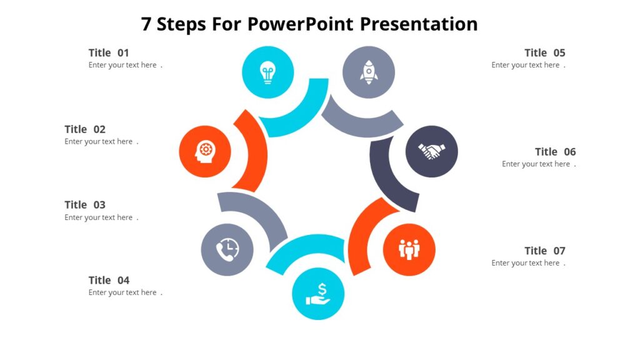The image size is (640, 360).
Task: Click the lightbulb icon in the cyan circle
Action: (x=267, y=72)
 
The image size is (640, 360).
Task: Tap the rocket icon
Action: (x=369, y=72)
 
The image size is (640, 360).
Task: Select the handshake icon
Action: (x=432, y=151)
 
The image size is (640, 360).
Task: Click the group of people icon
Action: (x=409, y=249)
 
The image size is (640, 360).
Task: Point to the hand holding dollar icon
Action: (x=318, y=294)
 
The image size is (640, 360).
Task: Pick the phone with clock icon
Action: (x=227, y=250)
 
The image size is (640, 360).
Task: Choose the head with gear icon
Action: (x=205, y=151)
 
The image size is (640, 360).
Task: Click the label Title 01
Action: (x=109, y=53)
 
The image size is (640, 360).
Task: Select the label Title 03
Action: (x=85, y=205)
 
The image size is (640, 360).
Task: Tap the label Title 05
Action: (x=545, y=53)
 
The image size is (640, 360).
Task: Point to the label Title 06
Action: (x=555, y=152)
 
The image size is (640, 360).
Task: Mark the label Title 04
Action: (x=109, y=281)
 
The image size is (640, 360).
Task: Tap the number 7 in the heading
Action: (x=146, y=24)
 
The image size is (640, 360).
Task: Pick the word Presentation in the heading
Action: (x=419, y=24)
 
